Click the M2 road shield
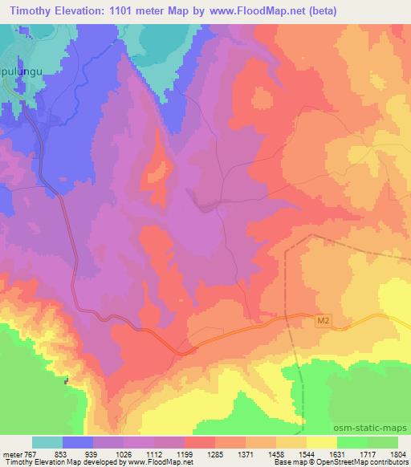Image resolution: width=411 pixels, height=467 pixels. click(321, 321)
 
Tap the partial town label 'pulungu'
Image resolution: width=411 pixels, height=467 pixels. click(21, 81)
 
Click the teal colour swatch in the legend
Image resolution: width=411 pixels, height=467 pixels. click(47, 443)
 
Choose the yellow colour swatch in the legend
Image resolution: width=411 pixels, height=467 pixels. click(322, 443)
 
